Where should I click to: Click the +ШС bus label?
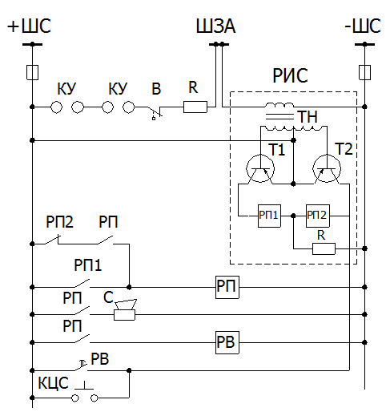29,26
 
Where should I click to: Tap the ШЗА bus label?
215,26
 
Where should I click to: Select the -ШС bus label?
363,26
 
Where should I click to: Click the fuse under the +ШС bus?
32,72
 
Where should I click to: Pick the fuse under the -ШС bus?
364,72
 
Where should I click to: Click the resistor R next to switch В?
195,107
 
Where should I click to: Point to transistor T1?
260,168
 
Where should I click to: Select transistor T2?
327,168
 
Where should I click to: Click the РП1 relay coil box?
269,216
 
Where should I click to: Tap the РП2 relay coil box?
318,216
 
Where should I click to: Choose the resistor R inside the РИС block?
324,248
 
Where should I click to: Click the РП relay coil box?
227,287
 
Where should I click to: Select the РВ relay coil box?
227,342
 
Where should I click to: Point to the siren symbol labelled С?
125,310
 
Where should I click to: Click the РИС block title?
290,75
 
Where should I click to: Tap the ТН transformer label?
308,117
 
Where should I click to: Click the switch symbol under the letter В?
155,112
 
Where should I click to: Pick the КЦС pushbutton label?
53,383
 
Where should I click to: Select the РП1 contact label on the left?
88,265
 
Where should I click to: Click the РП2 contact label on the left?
59,222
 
